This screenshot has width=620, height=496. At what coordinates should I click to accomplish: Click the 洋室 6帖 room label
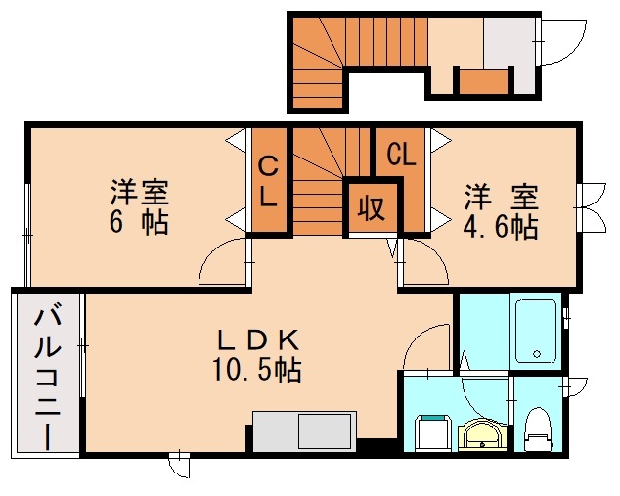(x=138, y=205)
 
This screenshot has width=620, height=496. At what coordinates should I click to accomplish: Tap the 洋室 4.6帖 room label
(x=500, y=211)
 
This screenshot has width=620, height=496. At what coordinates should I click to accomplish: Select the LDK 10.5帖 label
(x=256, y=354)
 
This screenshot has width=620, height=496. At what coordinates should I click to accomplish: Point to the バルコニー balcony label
(x=48, y=377)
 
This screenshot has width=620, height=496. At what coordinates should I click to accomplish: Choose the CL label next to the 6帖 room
(x=269, y=182)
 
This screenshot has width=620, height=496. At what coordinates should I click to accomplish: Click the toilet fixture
(x=536, y=428)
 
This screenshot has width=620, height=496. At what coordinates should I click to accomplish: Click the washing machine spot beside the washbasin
(x=431, y=431)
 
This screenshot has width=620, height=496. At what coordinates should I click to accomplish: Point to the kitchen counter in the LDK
(x=304, y=430)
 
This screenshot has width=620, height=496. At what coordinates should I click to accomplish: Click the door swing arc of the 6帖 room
(x=219, y=261)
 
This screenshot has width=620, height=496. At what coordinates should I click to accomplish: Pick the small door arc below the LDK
(x=179, y=466)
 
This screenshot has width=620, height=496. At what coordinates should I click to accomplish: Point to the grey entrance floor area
(x=508, y=43)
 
